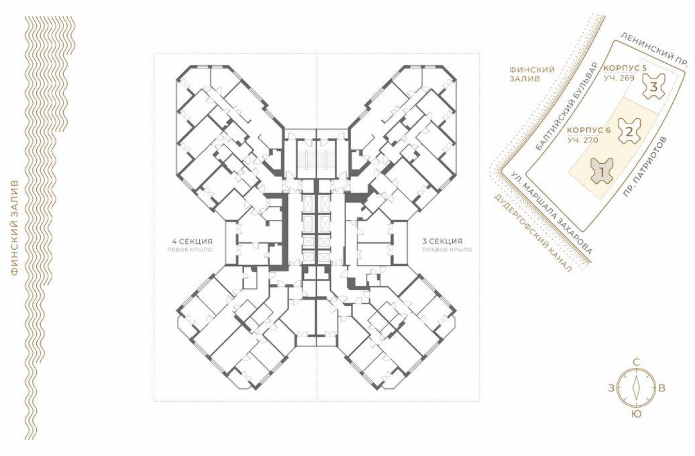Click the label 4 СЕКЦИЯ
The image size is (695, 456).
[x=193, y=241]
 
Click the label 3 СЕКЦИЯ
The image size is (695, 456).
[x=442, y=241]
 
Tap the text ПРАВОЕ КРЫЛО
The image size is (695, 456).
[x=447, y=250]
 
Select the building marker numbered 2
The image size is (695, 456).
[x=629, y=132]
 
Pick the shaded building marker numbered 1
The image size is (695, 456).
[x=602, y=170]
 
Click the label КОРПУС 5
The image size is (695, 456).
[x=625, y=68]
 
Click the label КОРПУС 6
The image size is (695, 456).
[x=589, y=130]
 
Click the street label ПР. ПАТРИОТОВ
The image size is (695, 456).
[x=644, y=166]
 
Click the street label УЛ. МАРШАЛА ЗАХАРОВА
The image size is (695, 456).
[x=551, y=212]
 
